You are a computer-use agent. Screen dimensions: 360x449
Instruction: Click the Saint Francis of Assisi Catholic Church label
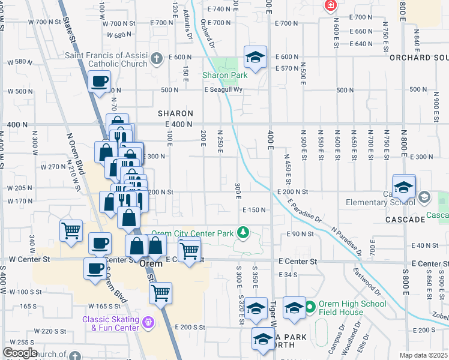(106, 59)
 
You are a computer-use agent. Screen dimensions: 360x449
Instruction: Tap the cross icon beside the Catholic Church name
(157, 59)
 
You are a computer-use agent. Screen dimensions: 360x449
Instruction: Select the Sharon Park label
(216, 76)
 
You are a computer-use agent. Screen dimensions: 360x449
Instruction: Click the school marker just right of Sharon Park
(255, 58)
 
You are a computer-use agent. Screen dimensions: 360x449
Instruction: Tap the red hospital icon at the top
(330, 5)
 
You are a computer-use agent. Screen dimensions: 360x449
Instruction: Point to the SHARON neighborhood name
(175, 113)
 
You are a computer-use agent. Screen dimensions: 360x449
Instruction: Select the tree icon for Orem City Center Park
(243, 232)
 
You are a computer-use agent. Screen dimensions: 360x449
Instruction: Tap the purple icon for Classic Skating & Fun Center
(149, 323)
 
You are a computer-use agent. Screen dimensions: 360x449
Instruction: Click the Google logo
(20, 352)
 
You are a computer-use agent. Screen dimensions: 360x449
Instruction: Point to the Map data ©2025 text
(423, 355)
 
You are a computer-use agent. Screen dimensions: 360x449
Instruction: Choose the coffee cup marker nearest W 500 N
(100, 81)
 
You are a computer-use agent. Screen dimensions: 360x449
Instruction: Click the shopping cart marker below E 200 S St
(160, 293)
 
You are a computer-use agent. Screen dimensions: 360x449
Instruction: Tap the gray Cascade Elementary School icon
(424, 197)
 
